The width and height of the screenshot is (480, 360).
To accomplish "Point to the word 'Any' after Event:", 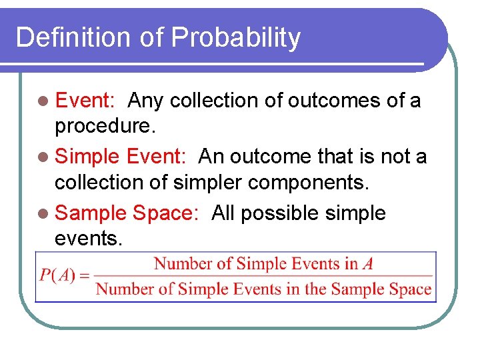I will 146,101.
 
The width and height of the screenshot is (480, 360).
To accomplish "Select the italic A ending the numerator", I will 367,264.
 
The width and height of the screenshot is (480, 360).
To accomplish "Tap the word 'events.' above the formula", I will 89,238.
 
